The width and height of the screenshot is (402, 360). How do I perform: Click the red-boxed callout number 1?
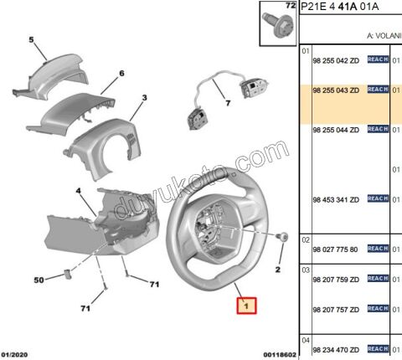247,306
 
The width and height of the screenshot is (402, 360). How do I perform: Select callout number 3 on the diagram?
144,98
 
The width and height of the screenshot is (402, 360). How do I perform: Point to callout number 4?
78,192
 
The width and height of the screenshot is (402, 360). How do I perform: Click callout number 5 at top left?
31,39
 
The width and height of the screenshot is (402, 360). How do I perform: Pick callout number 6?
121,74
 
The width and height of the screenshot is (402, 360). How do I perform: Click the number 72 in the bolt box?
291,7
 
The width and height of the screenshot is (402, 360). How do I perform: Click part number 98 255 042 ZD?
335,60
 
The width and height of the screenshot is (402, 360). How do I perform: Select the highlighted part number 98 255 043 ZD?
335,89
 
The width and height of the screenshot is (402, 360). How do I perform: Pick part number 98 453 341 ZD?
335,199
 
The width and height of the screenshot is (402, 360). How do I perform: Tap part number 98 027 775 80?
335,249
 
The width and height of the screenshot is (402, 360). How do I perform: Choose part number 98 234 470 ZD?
335,348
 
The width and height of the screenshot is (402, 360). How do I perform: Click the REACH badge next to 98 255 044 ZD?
378,129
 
